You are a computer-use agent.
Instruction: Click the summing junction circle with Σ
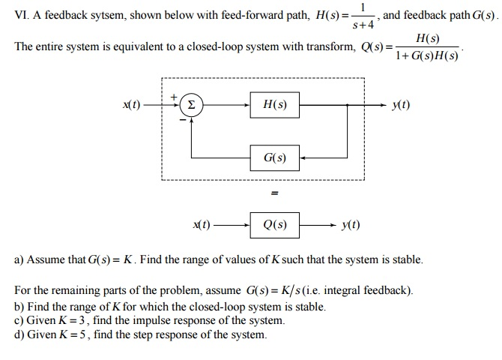(x=191, y=106)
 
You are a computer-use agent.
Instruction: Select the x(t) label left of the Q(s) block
(x=202, y=223)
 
